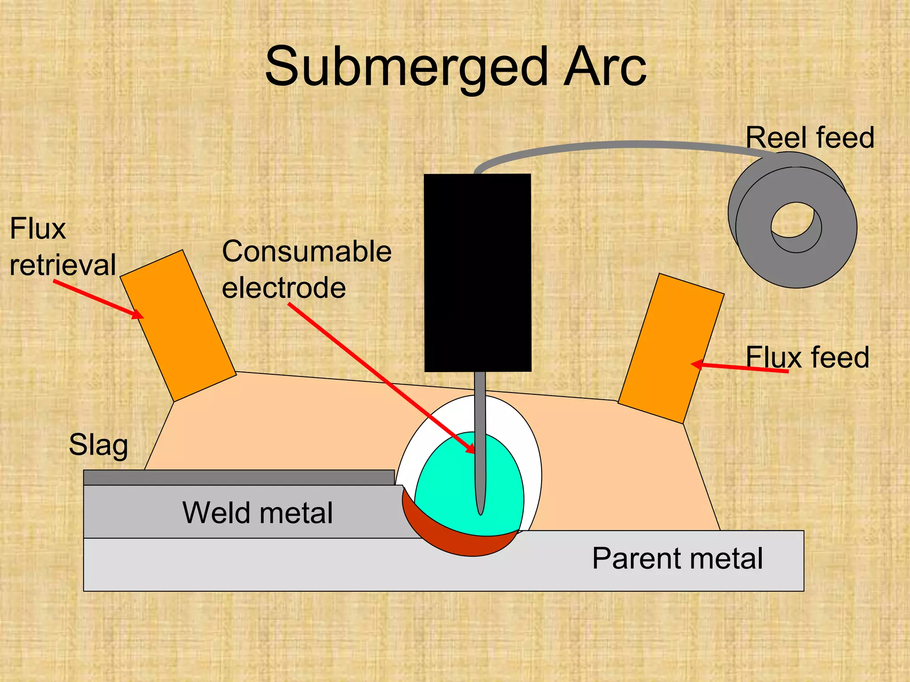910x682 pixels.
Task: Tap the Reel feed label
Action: point(810,137)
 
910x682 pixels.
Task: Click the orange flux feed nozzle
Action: point(671,349)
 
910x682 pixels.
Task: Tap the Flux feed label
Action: point(807,357)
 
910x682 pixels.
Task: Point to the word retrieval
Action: point(63,265)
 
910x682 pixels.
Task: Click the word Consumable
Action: point(307,252)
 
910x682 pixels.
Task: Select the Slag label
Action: point(98,444)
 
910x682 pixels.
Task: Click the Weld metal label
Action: point(257,513)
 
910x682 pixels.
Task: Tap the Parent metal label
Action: point(677,558)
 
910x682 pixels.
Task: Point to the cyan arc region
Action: point(449,488)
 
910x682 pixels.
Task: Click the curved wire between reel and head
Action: point(622,145)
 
